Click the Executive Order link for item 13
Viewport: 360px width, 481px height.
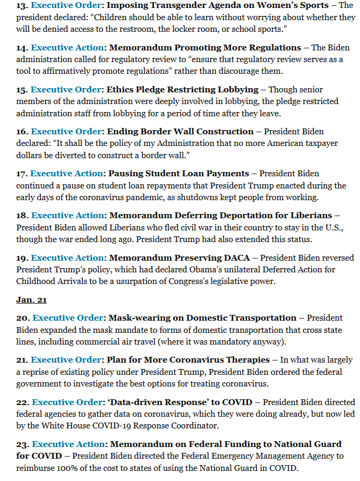point(65,5)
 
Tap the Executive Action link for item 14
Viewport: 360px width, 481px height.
point(67,48)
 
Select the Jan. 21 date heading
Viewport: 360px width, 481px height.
point(31,300)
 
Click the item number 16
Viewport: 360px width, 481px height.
point(22,132)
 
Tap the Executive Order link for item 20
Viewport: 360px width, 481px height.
point(68,318)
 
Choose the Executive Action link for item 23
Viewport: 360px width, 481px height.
point(68,444)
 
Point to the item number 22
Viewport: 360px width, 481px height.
point(23,402)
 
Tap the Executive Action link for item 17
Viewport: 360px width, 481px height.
point(67,174)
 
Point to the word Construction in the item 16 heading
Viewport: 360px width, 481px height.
point(222,132)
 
